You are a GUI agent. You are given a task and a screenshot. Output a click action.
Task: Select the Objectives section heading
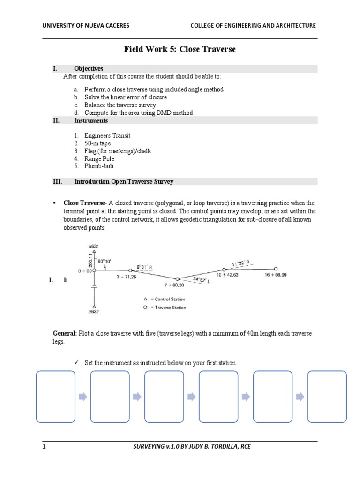tap(89, 68)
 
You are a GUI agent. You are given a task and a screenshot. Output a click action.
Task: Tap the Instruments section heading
tap(91, 120)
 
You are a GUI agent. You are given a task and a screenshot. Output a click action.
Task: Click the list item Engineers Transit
tap(107, 135)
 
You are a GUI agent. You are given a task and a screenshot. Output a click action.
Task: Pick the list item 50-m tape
tap(97, 143)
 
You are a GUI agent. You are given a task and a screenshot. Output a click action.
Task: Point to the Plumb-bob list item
tap(99, 166)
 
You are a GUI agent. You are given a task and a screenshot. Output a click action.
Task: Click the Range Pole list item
tap(99, 158)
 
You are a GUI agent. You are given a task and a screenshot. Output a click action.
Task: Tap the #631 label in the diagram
tap(94, 246)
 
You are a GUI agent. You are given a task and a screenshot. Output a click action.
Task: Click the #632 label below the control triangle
tap(94, 311)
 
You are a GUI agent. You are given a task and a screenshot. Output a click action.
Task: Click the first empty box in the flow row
tap(55, 397)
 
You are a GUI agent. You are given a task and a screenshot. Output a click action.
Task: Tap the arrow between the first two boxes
tap(82, 397)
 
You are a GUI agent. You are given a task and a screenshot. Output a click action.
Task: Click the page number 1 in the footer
tap(44, 447)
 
